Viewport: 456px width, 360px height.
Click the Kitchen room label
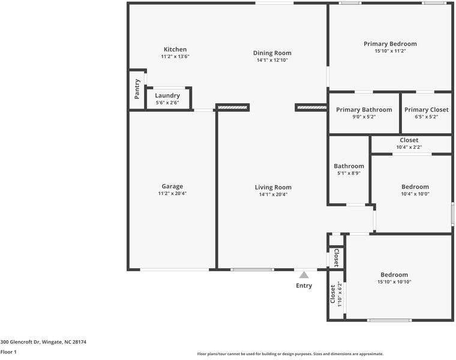pos(175,49)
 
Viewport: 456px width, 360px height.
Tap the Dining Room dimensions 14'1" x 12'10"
pos(272,60)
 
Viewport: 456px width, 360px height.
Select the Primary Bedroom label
pos(390,44)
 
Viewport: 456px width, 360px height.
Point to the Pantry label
pos(137,90)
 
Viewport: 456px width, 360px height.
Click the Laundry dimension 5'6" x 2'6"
pos(167,103)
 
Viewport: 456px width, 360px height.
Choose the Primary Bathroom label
pos(364,110)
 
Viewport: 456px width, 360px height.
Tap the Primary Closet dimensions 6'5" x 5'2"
pos(426,116)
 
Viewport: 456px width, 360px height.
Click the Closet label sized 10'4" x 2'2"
pos(409,140)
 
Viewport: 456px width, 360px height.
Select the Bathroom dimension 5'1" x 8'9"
pos(349,173)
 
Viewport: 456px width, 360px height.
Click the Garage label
pos(172,186)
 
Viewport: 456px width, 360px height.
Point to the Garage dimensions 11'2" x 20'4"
pos(172,193)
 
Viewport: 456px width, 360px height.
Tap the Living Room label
pos(273,187)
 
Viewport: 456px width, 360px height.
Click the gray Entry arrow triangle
pos(304,274)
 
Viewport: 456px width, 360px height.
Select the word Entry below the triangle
pos(304,286)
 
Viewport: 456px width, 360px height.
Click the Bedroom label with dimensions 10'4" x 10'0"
pos(415,187)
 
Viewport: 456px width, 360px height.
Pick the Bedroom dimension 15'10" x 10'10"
pos(394,282)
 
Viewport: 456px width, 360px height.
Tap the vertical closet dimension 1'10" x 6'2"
pos(340,294)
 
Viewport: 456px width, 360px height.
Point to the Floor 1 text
pos(8,352)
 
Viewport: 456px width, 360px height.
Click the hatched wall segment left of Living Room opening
pos(233,108)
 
